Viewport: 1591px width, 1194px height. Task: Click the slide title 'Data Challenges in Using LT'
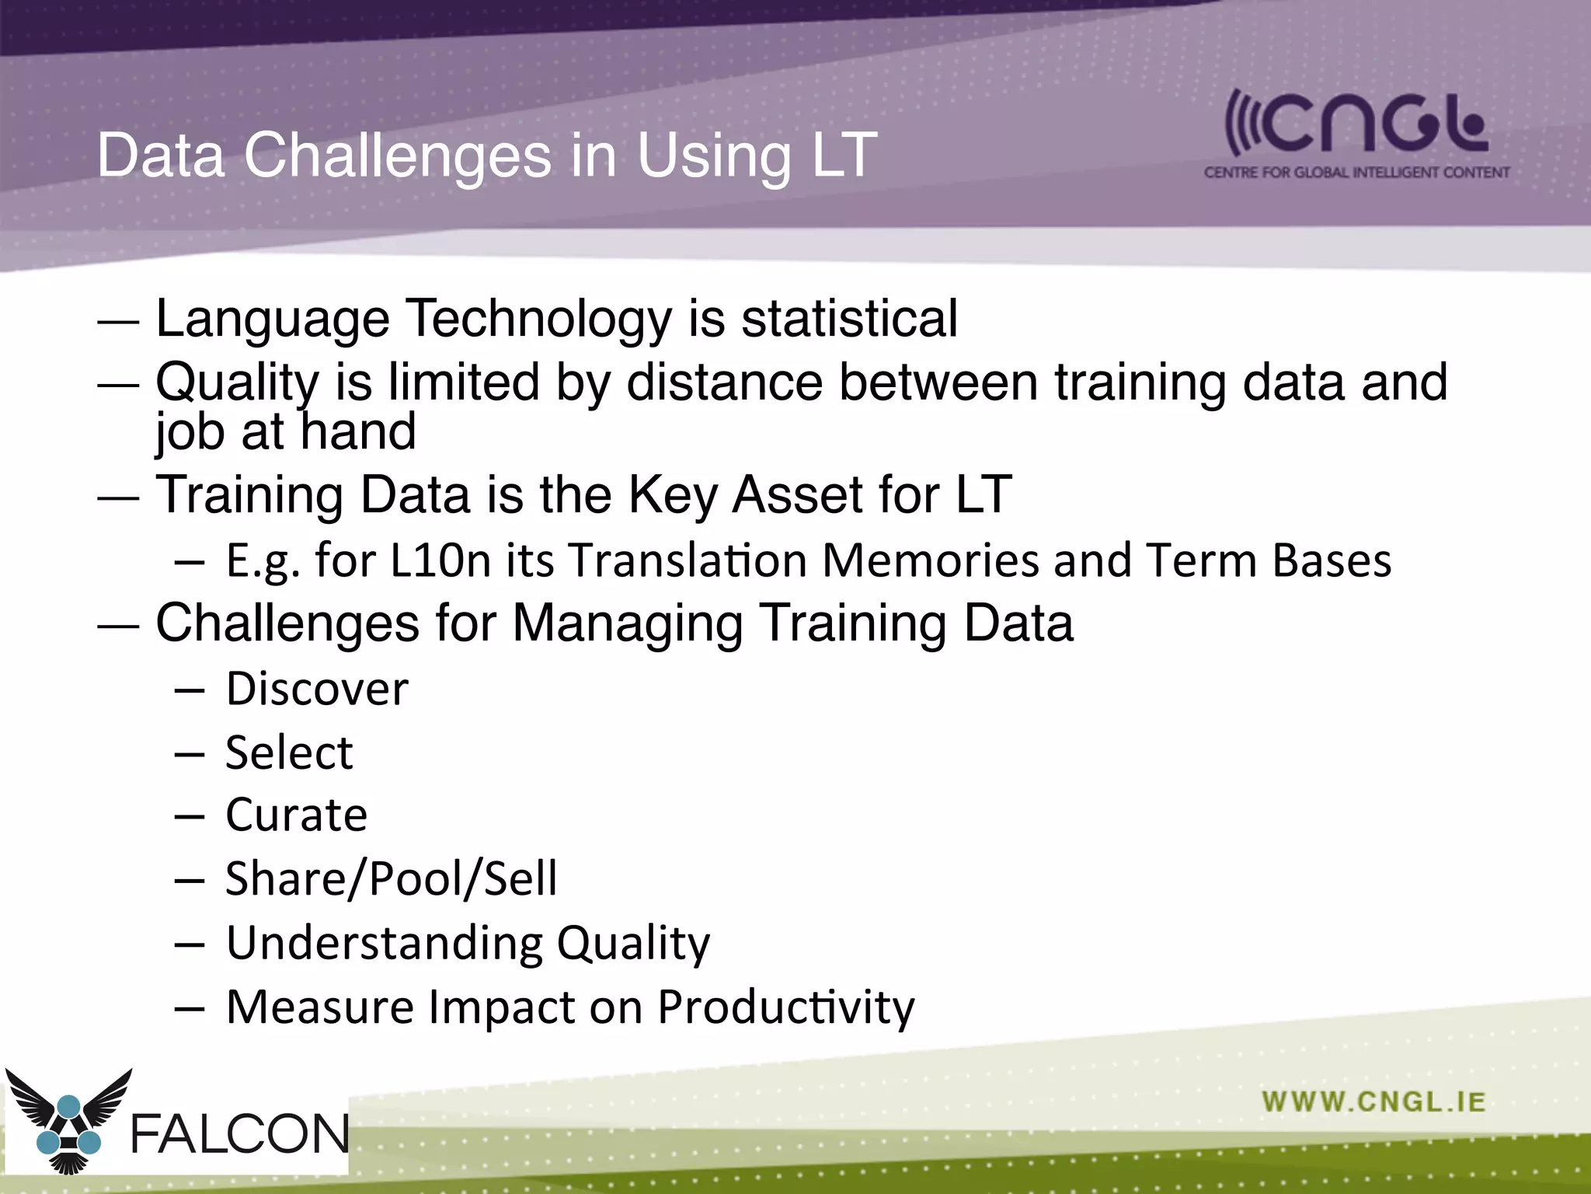click(487, 155)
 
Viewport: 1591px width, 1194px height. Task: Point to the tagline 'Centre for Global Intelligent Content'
click(1356, 173)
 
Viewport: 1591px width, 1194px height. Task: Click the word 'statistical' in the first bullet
click(849, 319)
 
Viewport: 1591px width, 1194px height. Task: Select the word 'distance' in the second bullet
click(724, 382)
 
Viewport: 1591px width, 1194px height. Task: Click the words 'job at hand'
click(286, 432)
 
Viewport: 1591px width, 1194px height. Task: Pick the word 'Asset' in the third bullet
click(797, 494)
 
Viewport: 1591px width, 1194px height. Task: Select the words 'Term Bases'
click(1268, 560)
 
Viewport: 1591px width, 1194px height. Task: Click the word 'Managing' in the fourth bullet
click(628, 624)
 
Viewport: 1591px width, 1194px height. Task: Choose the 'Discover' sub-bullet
click(317, 689)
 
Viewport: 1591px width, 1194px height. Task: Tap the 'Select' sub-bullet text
click(289, 752)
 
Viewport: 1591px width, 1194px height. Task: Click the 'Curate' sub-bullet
click(296, 815)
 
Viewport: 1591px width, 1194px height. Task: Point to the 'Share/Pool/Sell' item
click(391, 879)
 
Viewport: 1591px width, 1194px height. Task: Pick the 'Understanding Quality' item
click(468, 944)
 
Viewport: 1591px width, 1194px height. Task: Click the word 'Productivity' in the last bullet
click(786, 1007)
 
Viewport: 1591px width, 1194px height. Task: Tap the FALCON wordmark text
click(239, 1134)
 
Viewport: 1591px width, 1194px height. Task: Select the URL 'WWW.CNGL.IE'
click(1373, 1102)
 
